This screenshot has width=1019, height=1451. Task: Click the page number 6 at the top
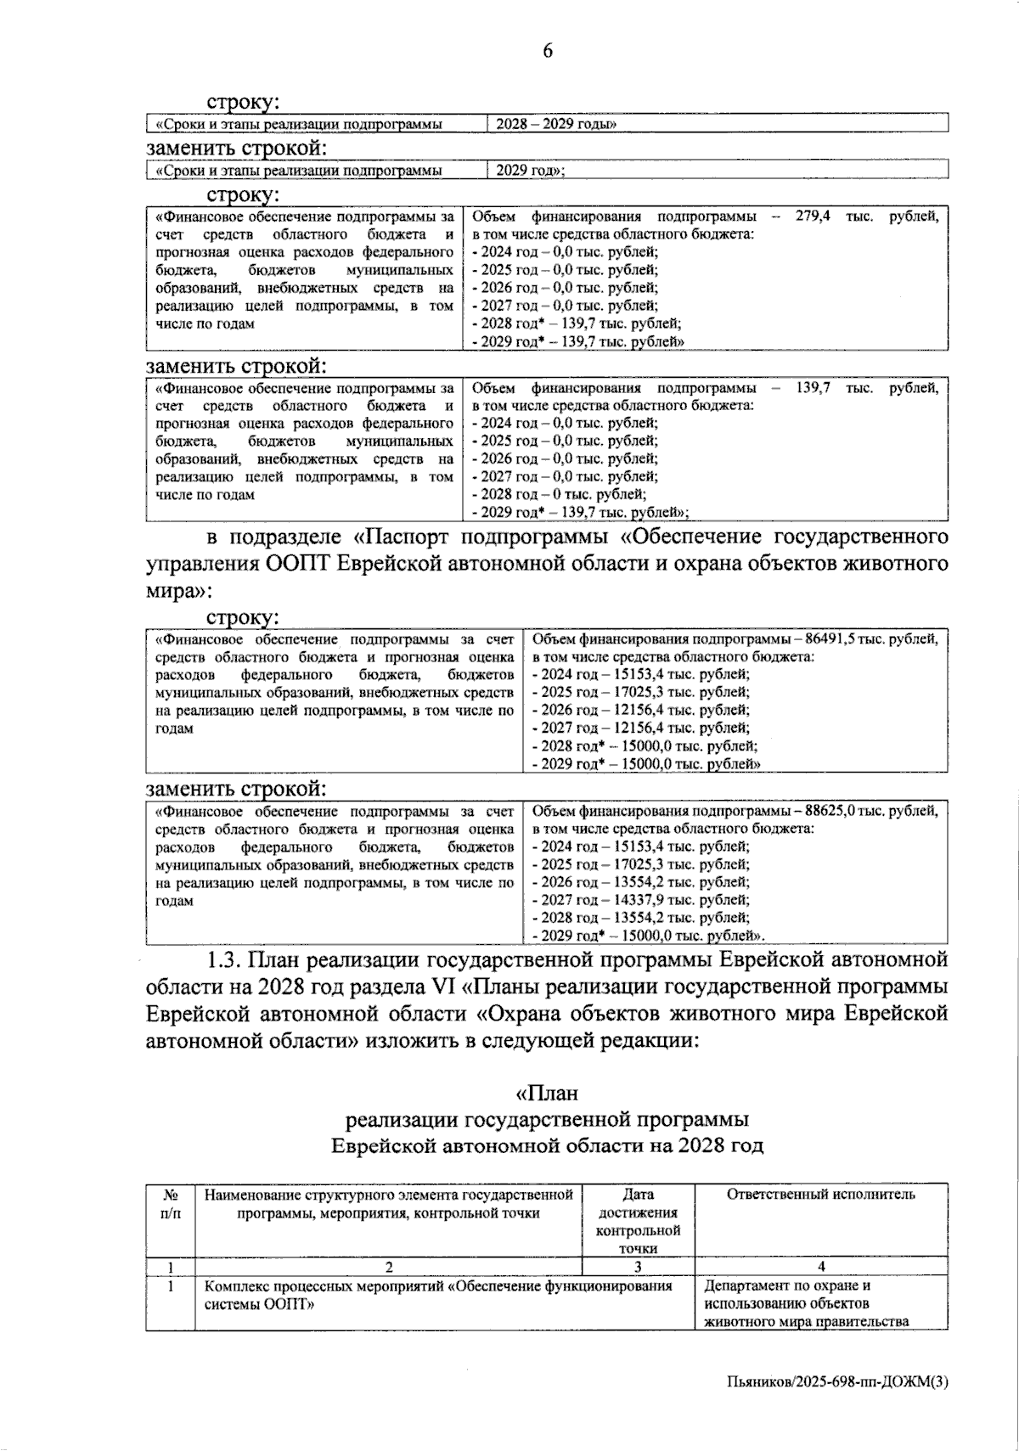tap(548, 52)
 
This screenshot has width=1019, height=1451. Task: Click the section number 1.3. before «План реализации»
tap(228, 961)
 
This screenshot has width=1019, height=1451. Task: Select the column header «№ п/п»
tap(171, 1204)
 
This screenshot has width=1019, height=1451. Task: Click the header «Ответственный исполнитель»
tap(820, 1195)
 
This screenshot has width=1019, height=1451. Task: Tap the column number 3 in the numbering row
tap(639, 1268)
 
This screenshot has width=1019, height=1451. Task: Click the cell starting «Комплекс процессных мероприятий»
tap(439, 1295)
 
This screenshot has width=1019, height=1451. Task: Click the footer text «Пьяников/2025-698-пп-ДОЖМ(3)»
tap(837, 1382)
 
